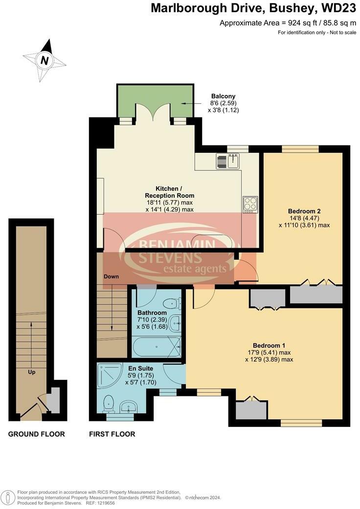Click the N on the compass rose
click(45, 61)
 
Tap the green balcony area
click(154, 100)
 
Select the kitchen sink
click(228, 161)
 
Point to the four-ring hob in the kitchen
click(250, 204)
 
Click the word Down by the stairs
click(111, 277)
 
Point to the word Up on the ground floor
click(31, 372)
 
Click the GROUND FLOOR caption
click(37, 434)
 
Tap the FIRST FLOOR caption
click(112, 434)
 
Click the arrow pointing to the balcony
click(188, 103)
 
